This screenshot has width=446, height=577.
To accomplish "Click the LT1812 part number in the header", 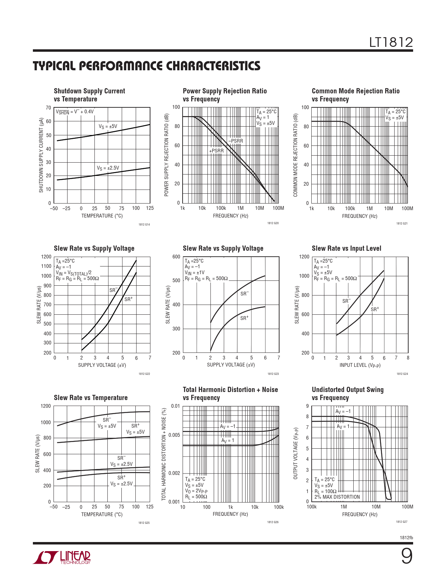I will (x=391, y=43).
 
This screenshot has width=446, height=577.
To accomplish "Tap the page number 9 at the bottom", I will (x=406, y=556).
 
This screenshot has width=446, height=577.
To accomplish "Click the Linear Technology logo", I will (x=62, y=557).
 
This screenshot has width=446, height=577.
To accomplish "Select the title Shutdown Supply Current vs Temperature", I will (x=89, y=95).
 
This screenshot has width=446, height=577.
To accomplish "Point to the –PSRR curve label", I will (x=236, y=141).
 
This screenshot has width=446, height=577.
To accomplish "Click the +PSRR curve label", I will (x=216, y=151).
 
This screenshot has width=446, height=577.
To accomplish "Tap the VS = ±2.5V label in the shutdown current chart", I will (x=108, y=168).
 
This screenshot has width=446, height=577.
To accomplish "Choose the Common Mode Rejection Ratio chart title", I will (x=355, y=95).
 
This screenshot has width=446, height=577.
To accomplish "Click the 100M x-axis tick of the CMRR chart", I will (x=407, y=208).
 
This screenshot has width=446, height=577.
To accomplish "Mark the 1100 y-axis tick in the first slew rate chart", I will (x=46, y=266).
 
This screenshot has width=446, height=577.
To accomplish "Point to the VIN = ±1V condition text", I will (x=194, y=272).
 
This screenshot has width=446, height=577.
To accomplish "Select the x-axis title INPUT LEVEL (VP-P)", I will (x=360, y=365).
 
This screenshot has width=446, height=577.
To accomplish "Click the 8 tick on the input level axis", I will (x=408, y=358).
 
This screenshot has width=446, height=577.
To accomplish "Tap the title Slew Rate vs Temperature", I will (x=91, y=398).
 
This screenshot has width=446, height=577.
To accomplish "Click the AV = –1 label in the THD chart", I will (x=227, y=426).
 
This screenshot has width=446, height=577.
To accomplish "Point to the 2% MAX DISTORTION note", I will (x=337, y=497).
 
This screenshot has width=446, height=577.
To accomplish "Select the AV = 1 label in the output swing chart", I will (x=343, y=426).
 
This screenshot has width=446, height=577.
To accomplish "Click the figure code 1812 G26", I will (x=273, y=522).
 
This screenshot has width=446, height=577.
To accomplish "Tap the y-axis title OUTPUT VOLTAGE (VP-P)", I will (x=296, y=453).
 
